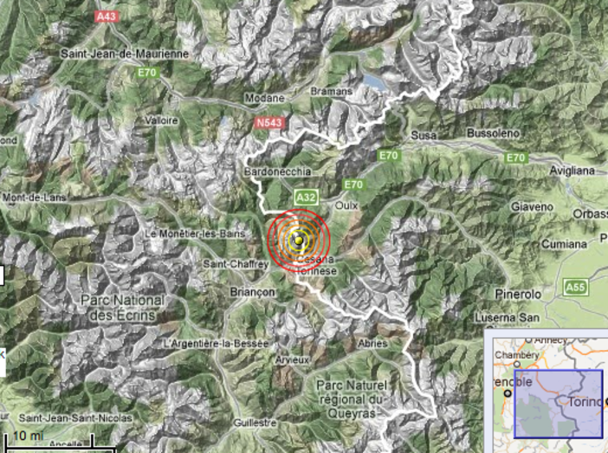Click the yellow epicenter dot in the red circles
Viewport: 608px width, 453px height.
click(x=299, y=240)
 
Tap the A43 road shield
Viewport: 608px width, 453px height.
click(x=107, y=15)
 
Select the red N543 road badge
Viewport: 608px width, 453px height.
click(x=270, y=124)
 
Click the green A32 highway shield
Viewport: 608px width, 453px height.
click(x=305, y=197)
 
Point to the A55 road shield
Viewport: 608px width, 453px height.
click(x=574, y=287)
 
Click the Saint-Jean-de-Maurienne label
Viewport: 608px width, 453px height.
click(x=124, y=54)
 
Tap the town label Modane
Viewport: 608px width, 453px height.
click(x=264, y=98)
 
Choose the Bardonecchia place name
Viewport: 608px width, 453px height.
click(x=278, y=171)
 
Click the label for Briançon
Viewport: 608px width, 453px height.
click(x=253, y=293)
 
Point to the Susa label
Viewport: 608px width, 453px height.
click(x=423, y=136)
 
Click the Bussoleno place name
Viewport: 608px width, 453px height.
click(x=492, y=133)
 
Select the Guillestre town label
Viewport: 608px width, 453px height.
click(x=255, y=423)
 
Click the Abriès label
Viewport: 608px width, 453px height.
click(x=372, y=343)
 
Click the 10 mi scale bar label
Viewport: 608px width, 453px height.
click(x=28, y=434)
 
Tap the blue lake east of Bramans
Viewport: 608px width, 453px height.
click(x=375, y=82)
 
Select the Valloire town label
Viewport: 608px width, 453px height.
click(x=162, y=120)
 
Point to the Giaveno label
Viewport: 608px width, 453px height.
click(x=532, y=207)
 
